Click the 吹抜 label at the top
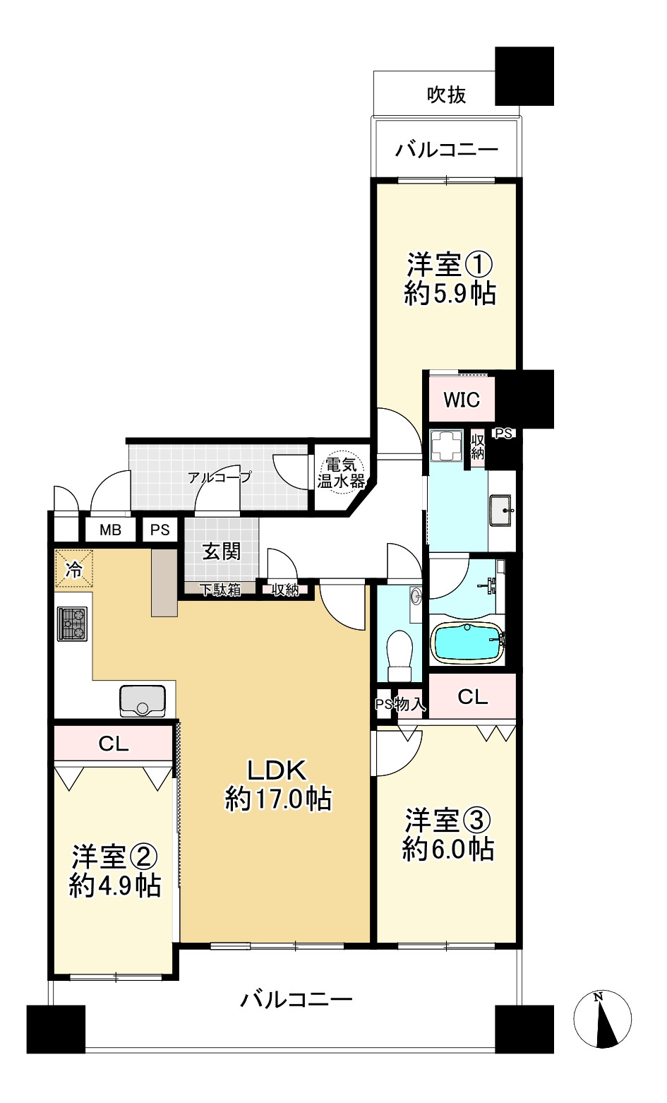pyautogui.click(x=447, y=95)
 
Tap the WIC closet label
pyautogui.click(x=461, y=400)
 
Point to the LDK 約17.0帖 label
pyautogui.click(x=277, y=784)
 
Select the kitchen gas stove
pyautogui.click(x=72, y=624)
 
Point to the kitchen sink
pyautogui.click(x=143, y=700)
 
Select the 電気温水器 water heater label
pyautogui.click(x=340, y=474)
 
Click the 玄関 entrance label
pyautogui.click(x=222, y=551)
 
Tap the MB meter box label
pyautogui.click(x=109, y=530)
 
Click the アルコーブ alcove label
pyautogui.click(x=220, y=477)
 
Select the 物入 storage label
pyautogui.click(x=410, y=704)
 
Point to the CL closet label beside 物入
pyautogui.click(x=472, y=697)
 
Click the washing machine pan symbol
pyautogui.click(x=445, y=446)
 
